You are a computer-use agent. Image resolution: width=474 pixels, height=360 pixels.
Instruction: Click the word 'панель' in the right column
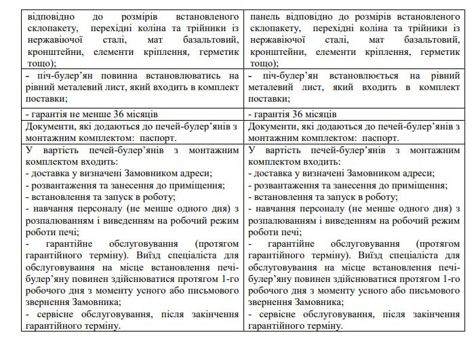[x=265, y=14]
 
